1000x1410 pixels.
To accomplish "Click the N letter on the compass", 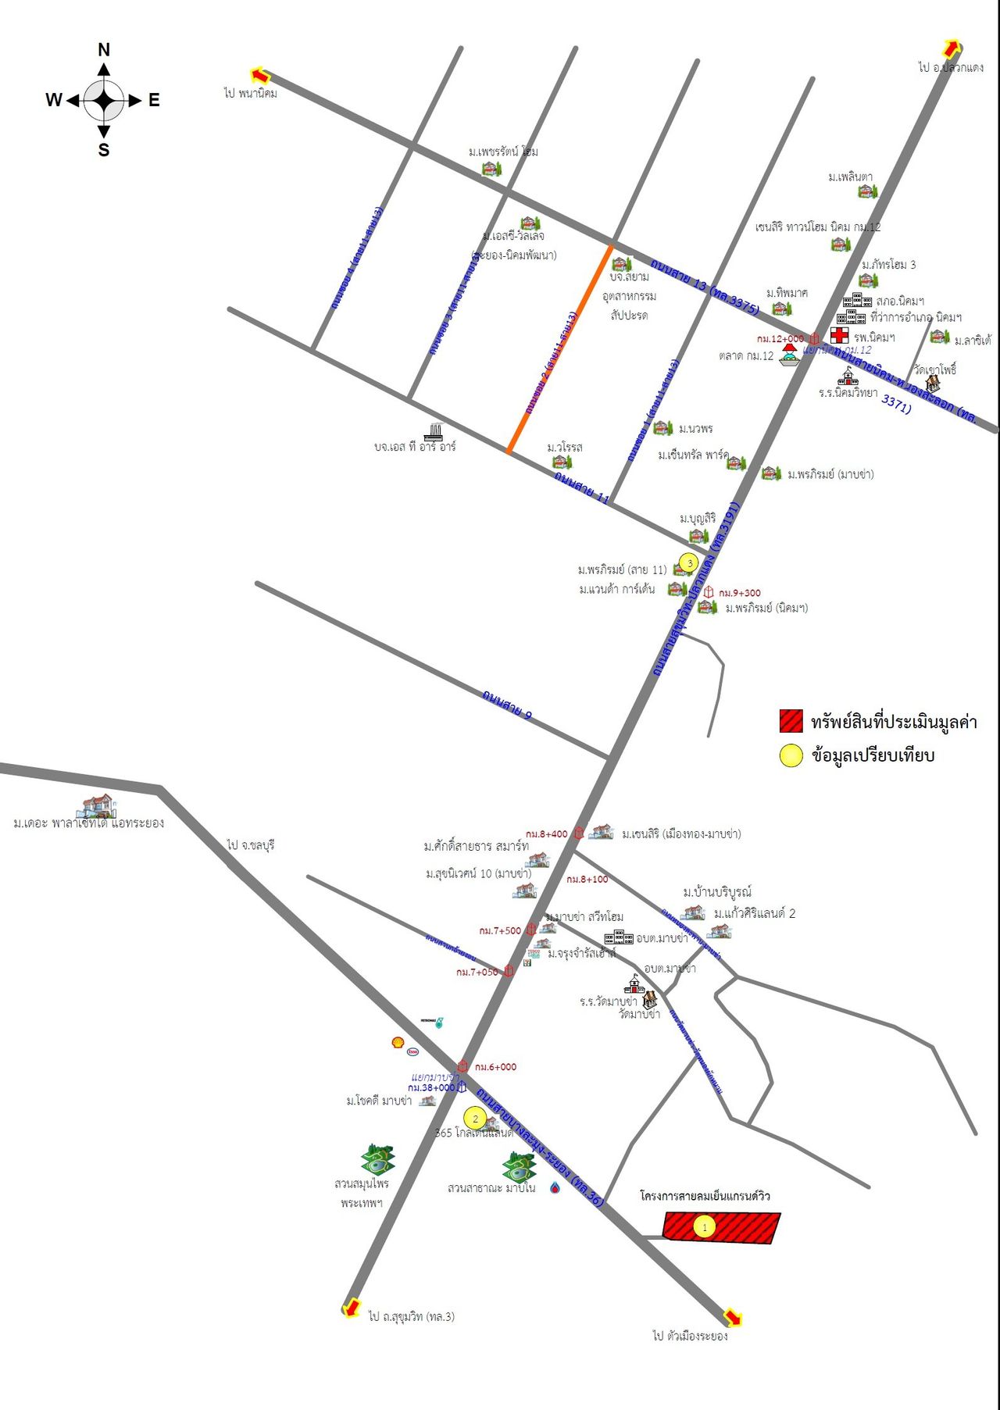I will click(104, 50).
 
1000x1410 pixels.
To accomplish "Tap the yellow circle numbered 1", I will click(704, 1227).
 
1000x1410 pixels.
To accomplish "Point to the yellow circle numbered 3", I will click(688, 562).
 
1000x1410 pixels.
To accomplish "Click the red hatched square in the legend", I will click(791, 721).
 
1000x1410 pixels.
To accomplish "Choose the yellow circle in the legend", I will click(791, 755).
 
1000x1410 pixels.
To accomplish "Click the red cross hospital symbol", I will click(840, 336).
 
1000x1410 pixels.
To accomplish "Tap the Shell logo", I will click(398, 1042).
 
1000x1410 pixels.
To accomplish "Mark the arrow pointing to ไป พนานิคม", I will click(259, 76).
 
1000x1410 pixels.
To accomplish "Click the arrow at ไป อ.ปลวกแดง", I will click(951, 48).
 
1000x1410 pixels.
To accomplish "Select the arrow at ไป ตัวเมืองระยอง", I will click(732, 1318).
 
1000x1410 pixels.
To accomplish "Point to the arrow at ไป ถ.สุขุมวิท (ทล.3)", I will click(351, 1308).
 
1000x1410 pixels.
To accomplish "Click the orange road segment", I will click(559, 349).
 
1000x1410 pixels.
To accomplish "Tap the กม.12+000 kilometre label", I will click(780, 339).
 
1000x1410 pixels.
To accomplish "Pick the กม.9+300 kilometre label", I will click(739, 593).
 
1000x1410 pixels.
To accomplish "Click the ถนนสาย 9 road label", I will click(507, 704).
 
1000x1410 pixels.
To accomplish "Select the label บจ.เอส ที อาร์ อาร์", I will click(415, 447).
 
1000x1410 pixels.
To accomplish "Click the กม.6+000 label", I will click(495, 1067).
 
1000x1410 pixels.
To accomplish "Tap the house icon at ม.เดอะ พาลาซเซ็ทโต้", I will click(96, 805).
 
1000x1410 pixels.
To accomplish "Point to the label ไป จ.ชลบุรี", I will click(251, 845).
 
